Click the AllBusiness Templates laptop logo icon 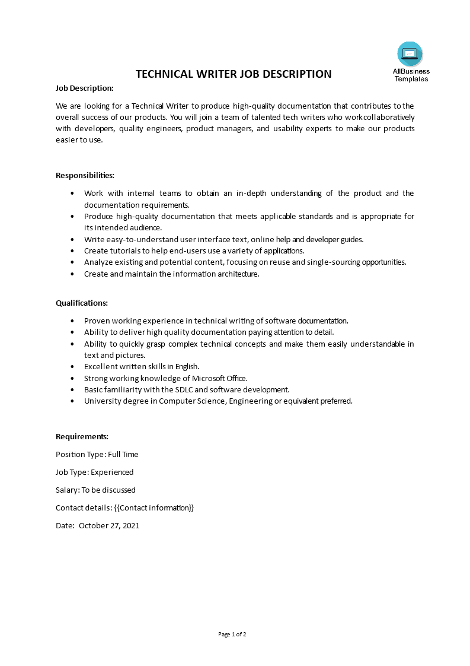click(x=410, y=54)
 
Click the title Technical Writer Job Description click(x=234, y=74)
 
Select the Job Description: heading click(x=84, y=88)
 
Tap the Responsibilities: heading click(x=85, y=175)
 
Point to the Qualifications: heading click(x=82, y=303)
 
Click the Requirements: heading click(x=82, y=436)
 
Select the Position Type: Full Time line click(x=97, y=454)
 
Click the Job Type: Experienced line click(x=94, y=472)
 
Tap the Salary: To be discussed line click(x=95, y=490)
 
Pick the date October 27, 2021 click(x=109, y=525)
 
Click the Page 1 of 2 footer click(x=232, y=634)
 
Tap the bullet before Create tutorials click(x=72, y=251)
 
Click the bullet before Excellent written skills click(x=72, y=367)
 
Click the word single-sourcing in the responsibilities click(x=318, y=262)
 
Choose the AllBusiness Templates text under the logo click(x=411, y=75)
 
